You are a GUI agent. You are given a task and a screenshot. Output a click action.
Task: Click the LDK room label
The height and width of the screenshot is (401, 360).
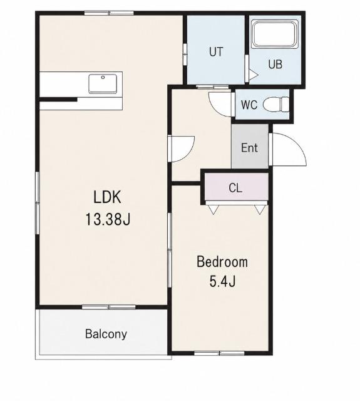point(107,197)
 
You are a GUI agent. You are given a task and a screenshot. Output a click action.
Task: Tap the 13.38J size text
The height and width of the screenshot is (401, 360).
point(108,219)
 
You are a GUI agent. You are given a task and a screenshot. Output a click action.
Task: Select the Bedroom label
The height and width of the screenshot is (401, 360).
point(222,262)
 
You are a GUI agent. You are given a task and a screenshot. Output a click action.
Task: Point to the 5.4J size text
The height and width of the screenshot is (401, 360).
point(222,281)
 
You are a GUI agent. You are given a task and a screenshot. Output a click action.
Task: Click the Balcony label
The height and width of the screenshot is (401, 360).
point(106,334)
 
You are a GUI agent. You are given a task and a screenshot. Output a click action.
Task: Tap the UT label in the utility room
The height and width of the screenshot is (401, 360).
point(216,51)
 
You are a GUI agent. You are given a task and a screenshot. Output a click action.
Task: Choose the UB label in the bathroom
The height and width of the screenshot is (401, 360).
point(275,64)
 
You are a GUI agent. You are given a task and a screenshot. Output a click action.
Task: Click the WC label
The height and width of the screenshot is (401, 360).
point(249,105)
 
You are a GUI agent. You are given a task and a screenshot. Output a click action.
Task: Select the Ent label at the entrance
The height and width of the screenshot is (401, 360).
point(249,148)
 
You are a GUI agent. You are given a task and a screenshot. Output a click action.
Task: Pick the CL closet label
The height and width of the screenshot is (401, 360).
point(235,188)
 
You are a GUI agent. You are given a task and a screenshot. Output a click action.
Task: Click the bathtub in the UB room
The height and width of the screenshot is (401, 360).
point(275,34)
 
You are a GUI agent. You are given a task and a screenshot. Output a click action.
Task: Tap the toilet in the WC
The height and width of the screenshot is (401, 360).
point(276,105)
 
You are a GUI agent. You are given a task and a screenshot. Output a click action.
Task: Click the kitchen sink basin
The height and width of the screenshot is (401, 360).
point(103,83)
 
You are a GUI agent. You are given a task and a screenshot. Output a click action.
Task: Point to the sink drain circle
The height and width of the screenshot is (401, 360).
point(103,77)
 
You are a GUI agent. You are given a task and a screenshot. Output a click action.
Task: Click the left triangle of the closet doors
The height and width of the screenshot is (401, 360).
point(214,209)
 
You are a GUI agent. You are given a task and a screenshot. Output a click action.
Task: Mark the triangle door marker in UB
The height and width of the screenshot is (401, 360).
point(254,75)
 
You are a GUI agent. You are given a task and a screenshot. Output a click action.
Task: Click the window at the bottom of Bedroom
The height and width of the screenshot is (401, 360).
point(220,353)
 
